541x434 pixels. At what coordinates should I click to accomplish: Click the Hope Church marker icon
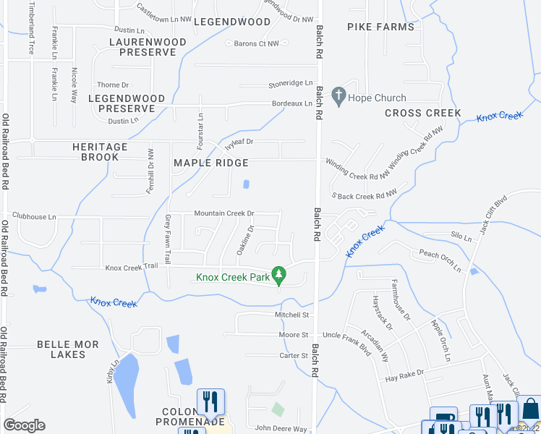(338, 95)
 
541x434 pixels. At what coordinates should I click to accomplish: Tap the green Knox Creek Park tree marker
(281, 276)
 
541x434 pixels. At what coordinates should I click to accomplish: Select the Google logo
(24, 425)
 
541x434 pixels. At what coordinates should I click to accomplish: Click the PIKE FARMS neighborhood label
(380, 27)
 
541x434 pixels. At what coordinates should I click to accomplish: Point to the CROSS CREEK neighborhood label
(423, 113)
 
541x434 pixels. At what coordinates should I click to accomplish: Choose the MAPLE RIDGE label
(211, 163)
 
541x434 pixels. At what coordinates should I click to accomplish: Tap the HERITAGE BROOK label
(100, 152)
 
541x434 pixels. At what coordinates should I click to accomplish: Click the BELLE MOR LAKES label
(68, 349)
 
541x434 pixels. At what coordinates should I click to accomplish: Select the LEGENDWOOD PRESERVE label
(127, 103)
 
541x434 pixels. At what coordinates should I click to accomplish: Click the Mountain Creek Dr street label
(223, 213)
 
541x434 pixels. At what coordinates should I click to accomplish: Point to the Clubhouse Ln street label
(34, 216)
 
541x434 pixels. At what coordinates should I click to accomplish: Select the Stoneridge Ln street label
(291, 83)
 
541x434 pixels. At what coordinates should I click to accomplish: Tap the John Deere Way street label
(281, 428)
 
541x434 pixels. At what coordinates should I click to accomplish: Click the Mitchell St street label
(291, 315)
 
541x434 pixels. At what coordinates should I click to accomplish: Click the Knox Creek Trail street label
(131, 267)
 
